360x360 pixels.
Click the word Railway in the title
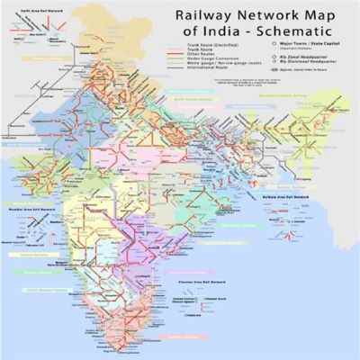[x=190, y=19]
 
